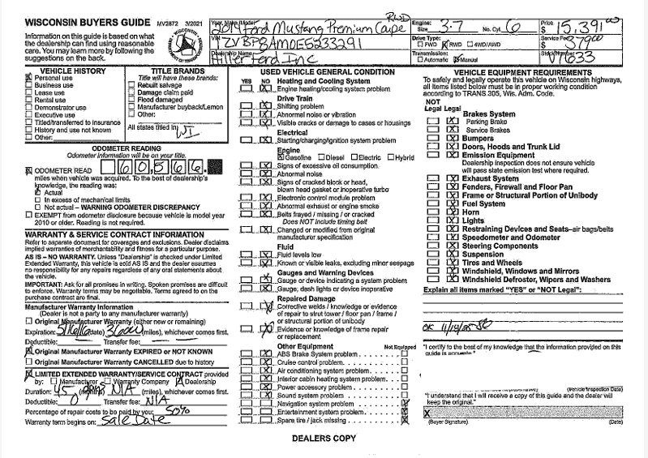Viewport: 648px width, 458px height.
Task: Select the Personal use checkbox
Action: click(7, 78)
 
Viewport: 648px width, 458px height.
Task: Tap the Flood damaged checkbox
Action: click(133, 100)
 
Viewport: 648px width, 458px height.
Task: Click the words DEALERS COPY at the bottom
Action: click(323, 439)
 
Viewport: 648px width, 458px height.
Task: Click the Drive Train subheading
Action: click(296, 97)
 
